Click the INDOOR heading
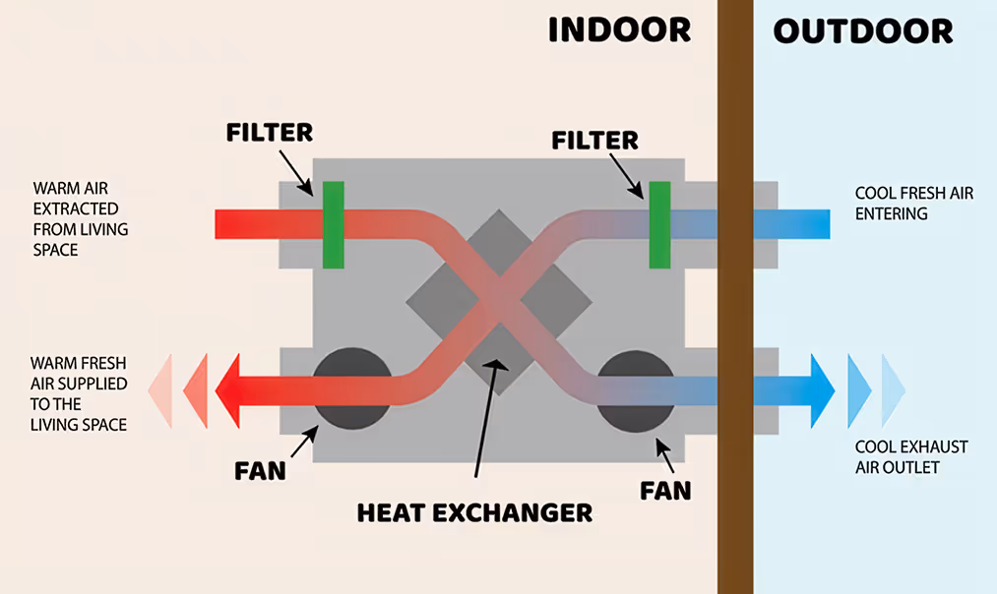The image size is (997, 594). (x=619, y=30)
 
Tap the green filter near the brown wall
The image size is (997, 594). (x=659, y=224)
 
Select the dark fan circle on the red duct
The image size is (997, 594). (x=351, y=389)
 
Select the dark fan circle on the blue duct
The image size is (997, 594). (x=635, y=389)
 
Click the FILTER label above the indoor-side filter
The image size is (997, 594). (x=268, y=132)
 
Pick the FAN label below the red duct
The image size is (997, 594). (x=260, y=470)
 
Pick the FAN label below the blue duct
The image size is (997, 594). (x=665, y=489)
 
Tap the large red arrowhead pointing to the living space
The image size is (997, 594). (x=229, y=389)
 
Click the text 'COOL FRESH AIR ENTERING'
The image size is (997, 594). (x=913, y=204)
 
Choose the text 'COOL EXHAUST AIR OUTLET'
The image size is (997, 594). (x=911, y=457)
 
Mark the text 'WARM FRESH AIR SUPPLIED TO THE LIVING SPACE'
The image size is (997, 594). (x=79, y=392)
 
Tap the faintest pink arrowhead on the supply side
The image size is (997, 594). (x=160, y=389)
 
